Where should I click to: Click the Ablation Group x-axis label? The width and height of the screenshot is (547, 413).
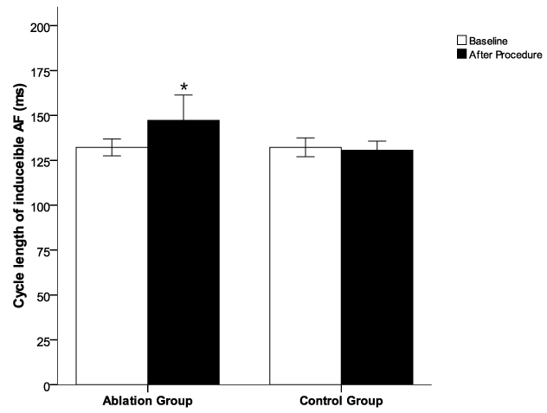(x=147, y=402)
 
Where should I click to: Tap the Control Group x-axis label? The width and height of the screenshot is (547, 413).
(x=341, y=402)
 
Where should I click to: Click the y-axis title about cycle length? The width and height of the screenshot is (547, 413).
(x=18, y=204)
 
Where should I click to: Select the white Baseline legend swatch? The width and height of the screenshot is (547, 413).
(x=461, y=40)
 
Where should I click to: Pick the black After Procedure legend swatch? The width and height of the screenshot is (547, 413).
(x=461, y=55)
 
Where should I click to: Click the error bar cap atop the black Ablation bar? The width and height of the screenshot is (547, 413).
(x=183, y=95)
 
